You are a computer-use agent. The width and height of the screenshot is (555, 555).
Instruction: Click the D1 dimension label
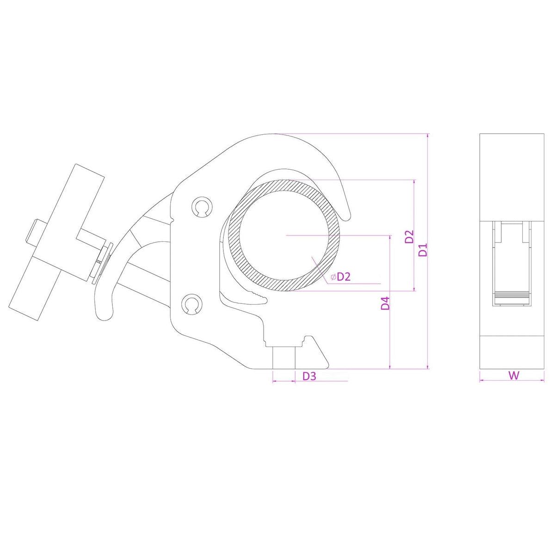[x=423, y=250]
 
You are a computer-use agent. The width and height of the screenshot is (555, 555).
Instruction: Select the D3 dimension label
[x=309, y=376]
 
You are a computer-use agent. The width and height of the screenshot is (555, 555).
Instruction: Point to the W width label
[x=514, y=376]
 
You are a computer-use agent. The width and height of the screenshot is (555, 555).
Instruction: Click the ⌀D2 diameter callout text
[x=341, y=277]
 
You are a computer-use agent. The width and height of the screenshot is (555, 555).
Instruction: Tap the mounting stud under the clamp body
[x=284, y=357]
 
